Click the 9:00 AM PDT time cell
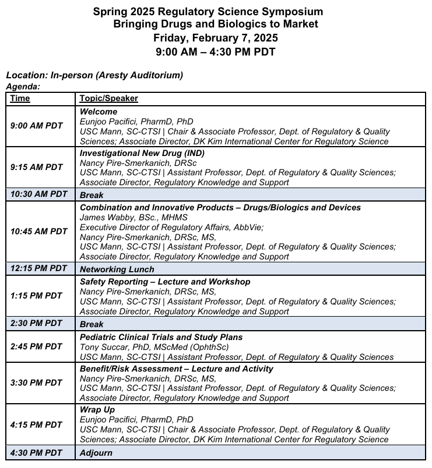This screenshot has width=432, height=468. [x=36, y=126]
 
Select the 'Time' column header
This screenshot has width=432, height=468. [x=20, y=98]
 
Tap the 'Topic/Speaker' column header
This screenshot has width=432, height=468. [x=108, y=98]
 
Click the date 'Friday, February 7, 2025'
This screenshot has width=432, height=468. [x=216, y=37]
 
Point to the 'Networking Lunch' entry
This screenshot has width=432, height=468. [x=117, y=269]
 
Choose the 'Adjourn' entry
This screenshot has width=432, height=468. [x=96, y=453]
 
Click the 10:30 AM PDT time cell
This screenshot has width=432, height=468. [x=38, y=194]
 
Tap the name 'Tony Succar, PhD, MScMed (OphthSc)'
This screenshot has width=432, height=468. [x=154, y=346]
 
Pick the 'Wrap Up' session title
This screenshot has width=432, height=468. [x=97, y=410]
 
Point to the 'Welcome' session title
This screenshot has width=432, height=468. [x=99, y=111]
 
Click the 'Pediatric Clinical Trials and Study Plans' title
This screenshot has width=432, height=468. [x=161, y=337]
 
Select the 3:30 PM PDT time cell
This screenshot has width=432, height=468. [x=36, y=383]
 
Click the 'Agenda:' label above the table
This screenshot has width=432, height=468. [x=23, y=86]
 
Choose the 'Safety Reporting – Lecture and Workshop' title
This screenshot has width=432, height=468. [x=165, y=282]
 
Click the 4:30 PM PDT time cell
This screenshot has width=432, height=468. [x=36, y=453]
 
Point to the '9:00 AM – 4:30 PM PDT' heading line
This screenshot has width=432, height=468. [x=216, y=51]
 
